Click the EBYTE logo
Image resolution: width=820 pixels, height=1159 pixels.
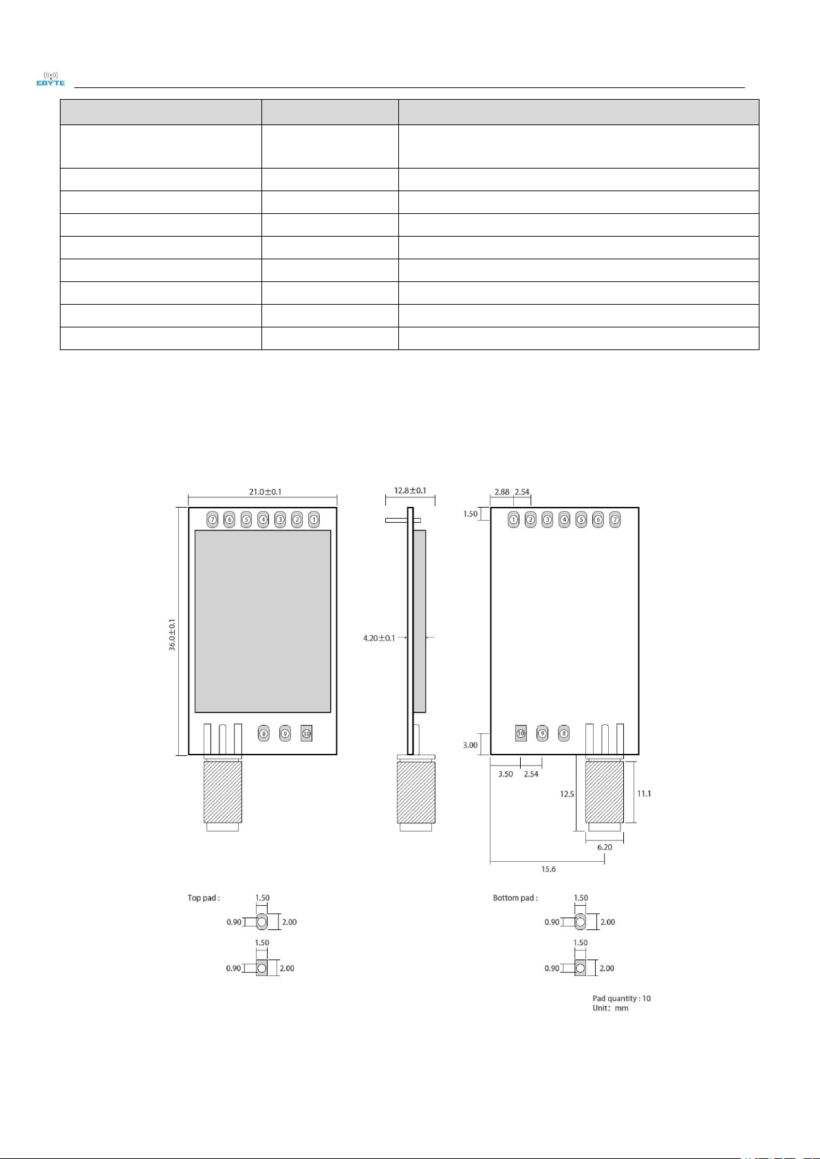(x=51, y=79)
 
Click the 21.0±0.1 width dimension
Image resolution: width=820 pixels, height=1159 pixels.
(x=265, y=492)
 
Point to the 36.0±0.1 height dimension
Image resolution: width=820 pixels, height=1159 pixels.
(x=173, y=634)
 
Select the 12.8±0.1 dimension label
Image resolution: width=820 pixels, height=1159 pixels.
(x=410, y=490)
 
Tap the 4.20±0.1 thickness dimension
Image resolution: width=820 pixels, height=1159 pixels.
(x=379, y=638)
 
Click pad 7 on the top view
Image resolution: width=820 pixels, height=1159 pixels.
(x=213, y=520)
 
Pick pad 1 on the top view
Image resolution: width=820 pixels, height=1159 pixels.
(x=314, y=520)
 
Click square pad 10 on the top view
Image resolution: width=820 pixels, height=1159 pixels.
(x=307, y=734)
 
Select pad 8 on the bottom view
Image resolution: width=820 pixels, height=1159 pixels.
(x=564, y=734)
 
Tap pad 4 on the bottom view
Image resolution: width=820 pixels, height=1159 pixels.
(x=564, y=520)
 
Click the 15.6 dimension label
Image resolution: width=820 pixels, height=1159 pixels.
(x=548, y=869)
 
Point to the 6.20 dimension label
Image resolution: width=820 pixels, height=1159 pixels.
(x=605, y=847)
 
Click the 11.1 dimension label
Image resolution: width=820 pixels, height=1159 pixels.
(x=644, y=794)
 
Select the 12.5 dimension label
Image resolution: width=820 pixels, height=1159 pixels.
(x=567, y=794)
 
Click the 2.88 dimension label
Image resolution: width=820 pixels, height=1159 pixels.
(x=501, y=492)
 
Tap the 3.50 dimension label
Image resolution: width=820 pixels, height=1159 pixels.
(x=506, y=775)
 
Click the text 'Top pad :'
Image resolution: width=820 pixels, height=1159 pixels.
(x=204, y=898)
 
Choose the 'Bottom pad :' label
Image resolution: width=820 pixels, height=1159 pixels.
(x=515, y=898)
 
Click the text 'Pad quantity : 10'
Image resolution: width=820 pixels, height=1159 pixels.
(x=621, y=998)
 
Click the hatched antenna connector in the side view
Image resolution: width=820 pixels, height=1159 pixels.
(x=416, y=791)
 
